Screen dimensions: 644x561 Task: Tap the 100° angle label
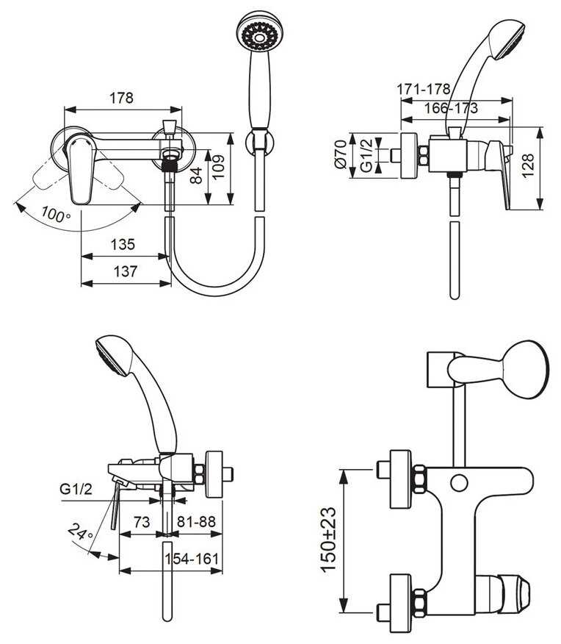56,215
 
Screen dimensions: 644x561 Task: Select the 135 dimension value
124,245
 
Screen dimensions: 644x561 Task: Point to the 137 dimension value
124,271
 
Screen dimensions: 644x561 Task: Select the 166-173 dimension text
451,108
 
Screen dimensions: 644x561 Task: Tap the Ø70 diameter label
340,155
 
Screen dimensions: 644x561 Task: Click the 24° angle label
79,531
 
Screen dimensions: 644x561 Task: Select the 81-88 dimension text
196,521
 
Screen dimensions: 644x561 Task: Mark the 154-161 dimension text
192,558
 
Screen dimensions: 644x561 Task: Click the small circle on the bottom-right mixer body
459,483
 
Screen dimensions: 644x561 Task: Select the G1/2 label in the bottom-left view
75,487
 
